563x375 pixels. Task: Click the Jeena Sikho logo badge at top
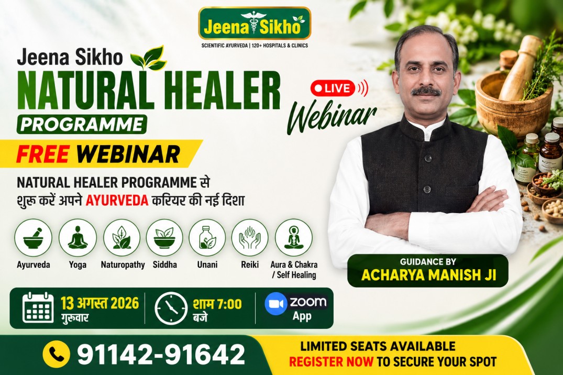coord(255,24)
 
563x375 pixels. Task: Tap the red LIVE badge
coord(333,88)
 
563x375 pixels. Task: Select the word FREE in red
coord(42,154)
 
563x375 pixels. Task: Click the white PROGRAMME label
coord(82,124)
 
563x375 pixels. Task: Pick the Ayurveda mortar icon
coord(33,237)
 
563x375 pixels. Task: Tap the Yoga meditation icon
coord(78,237)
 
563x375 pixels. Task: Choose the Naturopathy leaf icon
coord(122,237)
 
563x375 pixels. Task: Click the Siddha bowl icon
coord(164,237)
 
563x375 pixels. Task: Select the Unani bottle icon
coord(207,237)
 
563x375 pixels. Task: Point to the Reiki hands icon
coord(250,237)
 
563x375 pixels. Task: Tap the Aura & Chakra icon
coord(294,237)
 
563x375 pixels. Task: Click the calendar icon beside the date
coord(38,308)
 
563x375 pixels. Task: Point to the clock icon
coord(171,308)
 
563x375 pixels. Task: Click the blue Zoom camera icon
coord(276,304)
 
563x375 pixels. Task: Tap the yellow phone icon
coord(56,354)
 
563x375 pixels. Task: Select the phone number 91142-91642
coord(161,354)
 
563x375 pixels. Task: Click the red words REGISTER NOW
coord(331,361)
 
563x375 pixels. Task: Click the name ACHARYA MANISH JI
coord(429,275)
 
